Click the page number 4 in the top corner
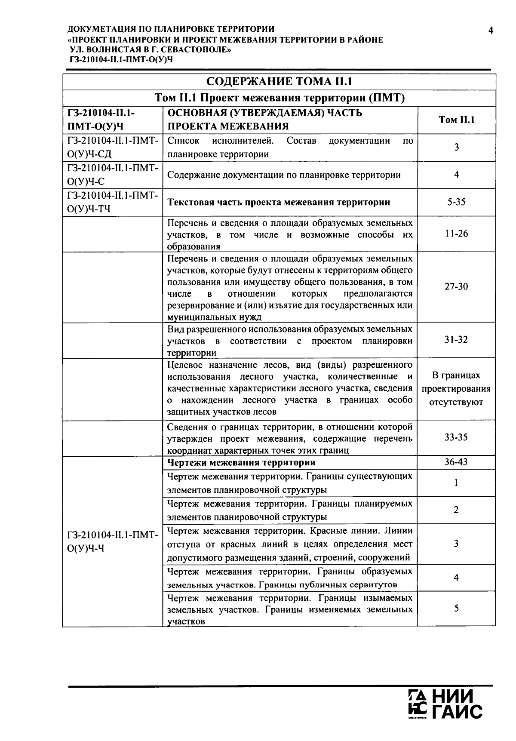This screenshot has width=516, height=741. [x=490, y=30]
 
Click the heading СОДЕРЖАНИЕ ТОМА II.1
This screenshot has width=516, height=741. [x=279, y=82]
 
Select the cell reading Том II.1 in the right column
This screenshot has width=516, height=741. [x=456, y=120]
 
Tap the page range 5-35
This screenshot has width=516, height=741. [x=456, y=202]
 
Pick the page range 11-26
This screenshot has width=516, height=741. [x=456, y=234]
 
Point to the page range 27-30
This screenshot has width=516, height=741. [x=456, y=286]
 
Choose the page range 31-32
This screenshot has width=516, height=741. [x=456, y=340]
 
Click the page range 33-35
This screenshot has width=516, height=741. [x=456, y=437]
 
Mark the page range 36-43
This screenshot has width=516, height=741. [x=456, y=462]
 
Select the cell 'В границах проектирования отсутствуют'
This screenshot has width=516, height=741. [x=456, y=389]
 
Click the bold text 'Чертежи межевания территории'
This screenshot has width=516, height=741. [x=241, y=463]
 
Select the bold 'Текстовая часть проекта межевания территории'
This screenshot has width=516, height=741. [x=279, y=202]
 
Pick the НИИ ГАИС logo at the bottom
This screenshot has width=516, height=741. [x=445, y=704]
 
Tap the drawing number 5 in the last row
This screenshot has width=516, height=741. [x=456, y=608]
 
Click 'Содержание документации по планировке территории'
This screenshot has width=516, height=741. [x=284, y=175]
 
